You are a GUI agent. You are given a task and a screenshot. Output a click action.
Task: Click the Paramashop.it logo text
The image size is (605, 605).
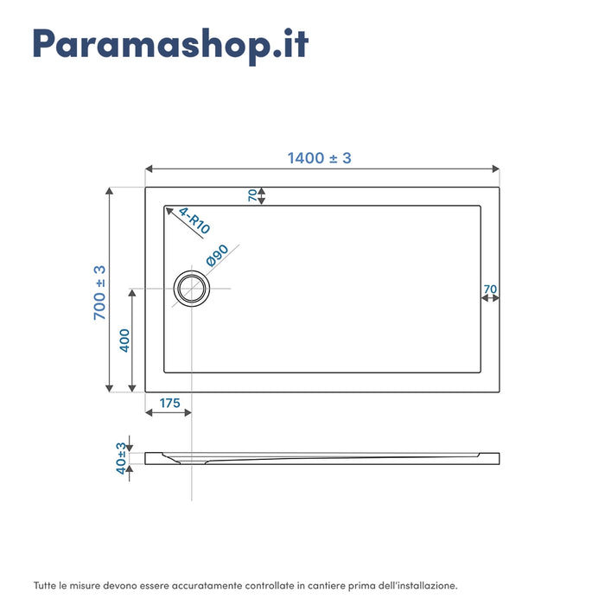169,43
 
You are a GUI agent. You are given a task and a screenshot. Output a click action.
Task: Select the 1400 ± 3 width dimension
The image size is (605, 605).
319,158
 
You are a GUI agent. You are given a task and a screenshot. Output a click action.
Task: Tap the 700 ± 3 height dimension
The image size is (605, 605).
100,292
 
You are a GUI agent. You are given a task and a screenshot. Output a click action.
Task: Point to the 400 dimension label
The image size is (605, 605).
124,341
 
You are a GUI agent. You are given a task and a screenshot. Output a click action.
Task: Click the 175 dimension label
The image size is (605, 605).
169,403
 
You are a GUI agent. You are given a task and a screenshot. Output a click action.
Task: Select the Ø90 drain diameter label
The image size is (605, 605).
217,255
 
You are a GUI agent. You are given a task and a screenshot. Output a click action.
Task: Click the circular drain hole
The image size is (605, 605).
191,289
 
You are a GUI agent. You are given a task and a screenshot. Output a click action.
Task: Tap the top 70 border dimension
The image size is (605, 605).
252,195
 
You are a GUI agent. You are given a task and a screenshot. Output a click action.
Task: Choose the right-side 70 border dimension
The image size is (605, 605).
490,289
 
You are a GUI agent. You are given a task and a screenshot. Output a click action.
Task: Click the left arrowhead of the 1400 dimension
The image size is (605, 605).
149,169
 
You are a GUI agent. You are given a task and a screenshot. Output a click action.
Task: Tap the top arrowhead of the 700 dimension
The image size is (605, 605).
109,191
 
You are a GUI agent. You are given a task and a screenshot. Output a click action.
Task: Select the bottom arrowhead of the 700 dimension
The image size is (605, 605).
109,389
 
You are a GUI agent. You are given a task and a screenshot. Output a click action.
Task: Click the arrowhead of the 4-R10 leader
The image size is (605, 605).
169,209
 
